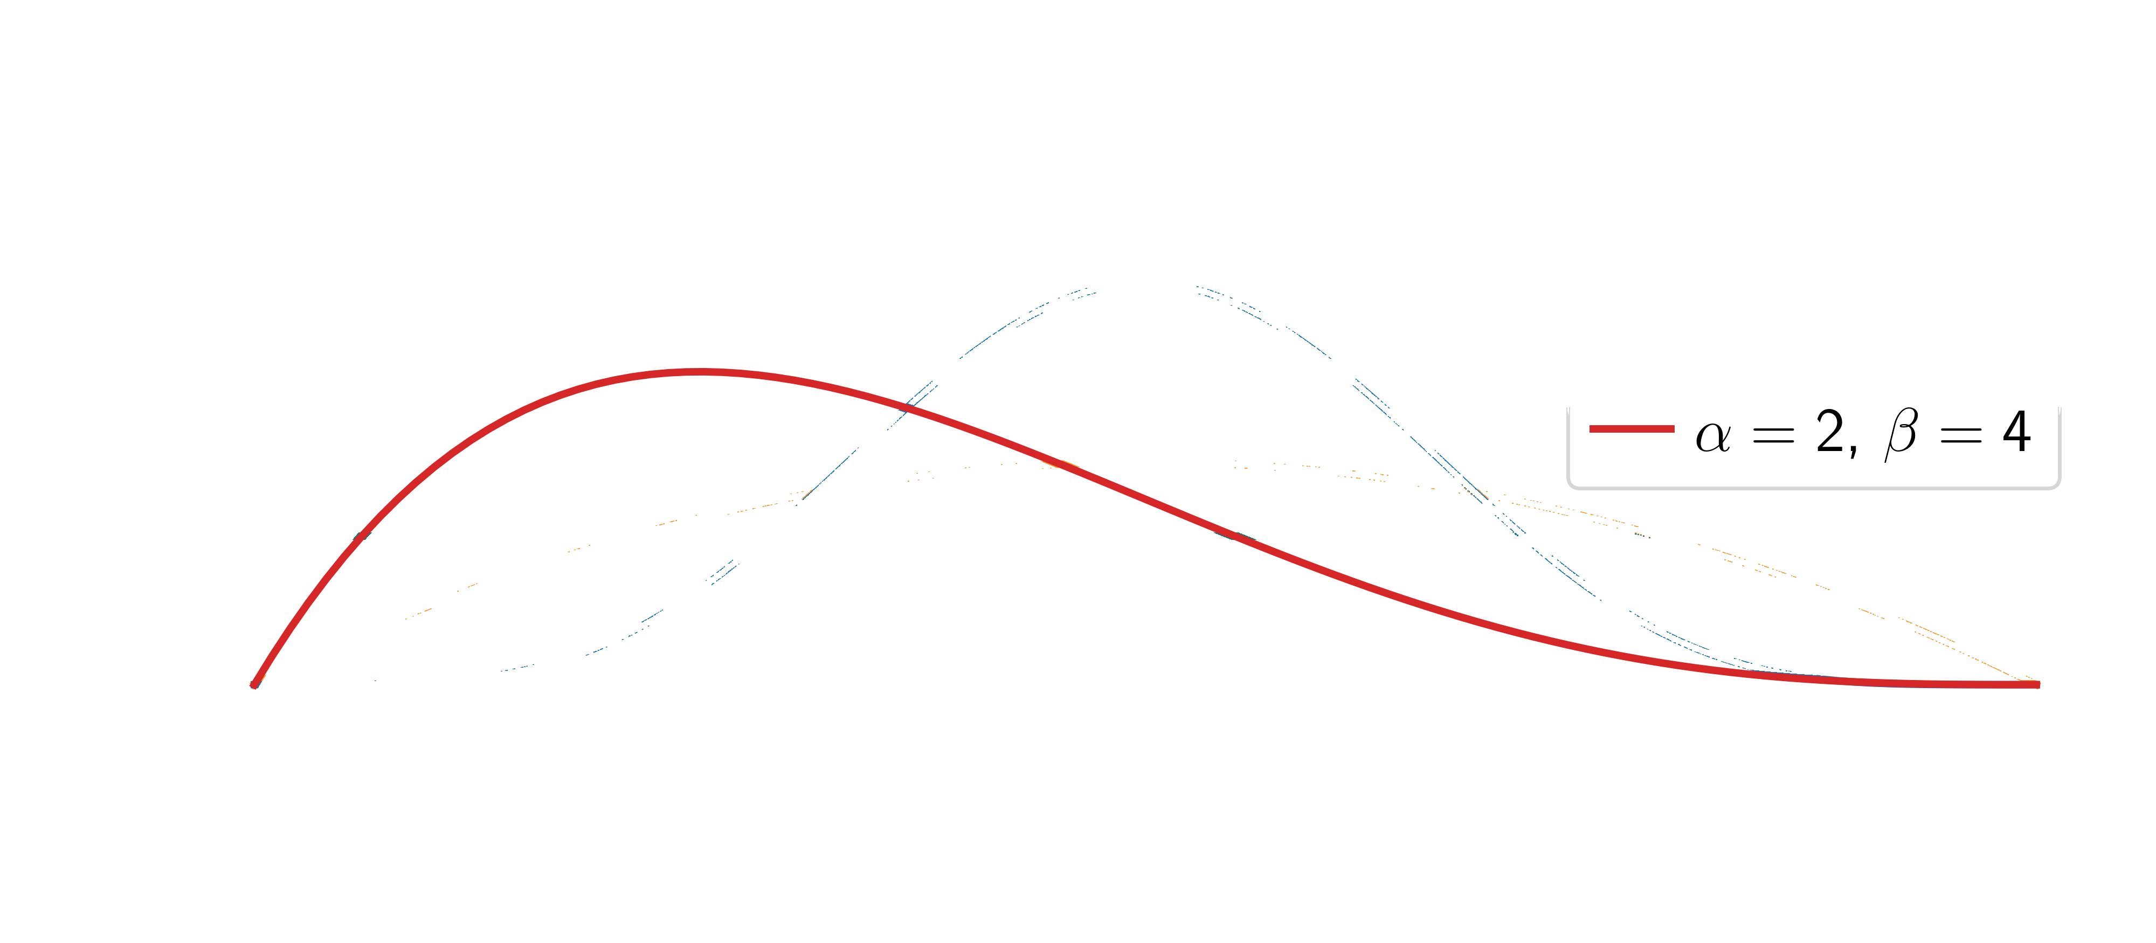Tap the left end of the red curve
point(253,686)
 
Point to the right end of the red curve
point(2039,684)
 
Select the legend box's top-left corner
point(1568,410)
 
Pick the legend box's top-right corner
point(2060,410)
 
